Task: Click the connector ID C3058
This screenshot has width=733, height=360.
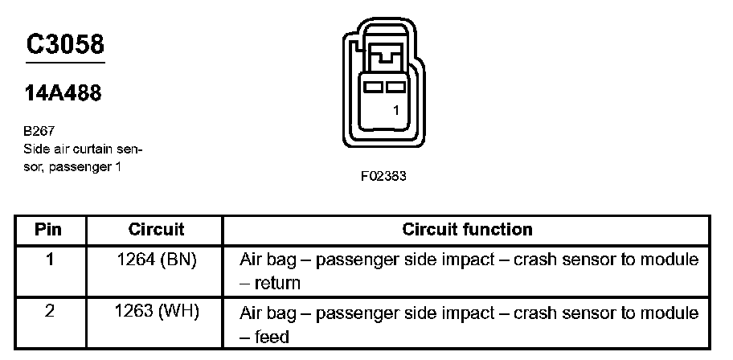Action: (x=65, y=44)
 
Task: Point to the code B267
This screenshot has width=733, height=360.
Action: (x=39, y=131)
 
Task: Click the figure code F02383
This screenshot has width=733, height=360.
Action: (x=383, y=177)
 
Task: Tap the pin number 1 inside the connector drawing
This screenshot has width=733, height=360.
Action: (x=396, y=112)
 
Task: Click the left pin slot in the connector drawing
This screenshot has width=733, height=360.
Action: (x=372, y=85)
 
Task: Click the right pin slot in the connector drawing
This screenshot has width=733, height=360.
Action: (x=393, y=85)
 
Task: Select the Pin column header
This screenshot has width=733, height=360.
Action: (x=48, y=230)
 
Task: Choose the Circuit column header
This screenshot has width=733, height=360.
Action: (x=156, y=230)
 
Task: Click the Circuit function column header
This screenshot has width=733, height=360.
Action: (x=467, y=230)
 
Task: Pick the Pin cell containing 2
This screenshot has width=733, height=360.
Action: (x=48, y=312)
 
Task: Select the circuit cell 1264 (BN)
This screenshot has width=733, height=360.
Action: (x=156, y=261)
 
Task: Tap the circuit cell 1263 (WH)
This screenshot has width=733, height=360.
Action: (x=156, y=312)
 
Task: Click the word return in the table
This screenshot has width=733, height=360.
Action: (x=278, y=283)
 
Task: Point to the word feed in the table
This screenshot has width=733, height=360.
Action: (x=272, y=337)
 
